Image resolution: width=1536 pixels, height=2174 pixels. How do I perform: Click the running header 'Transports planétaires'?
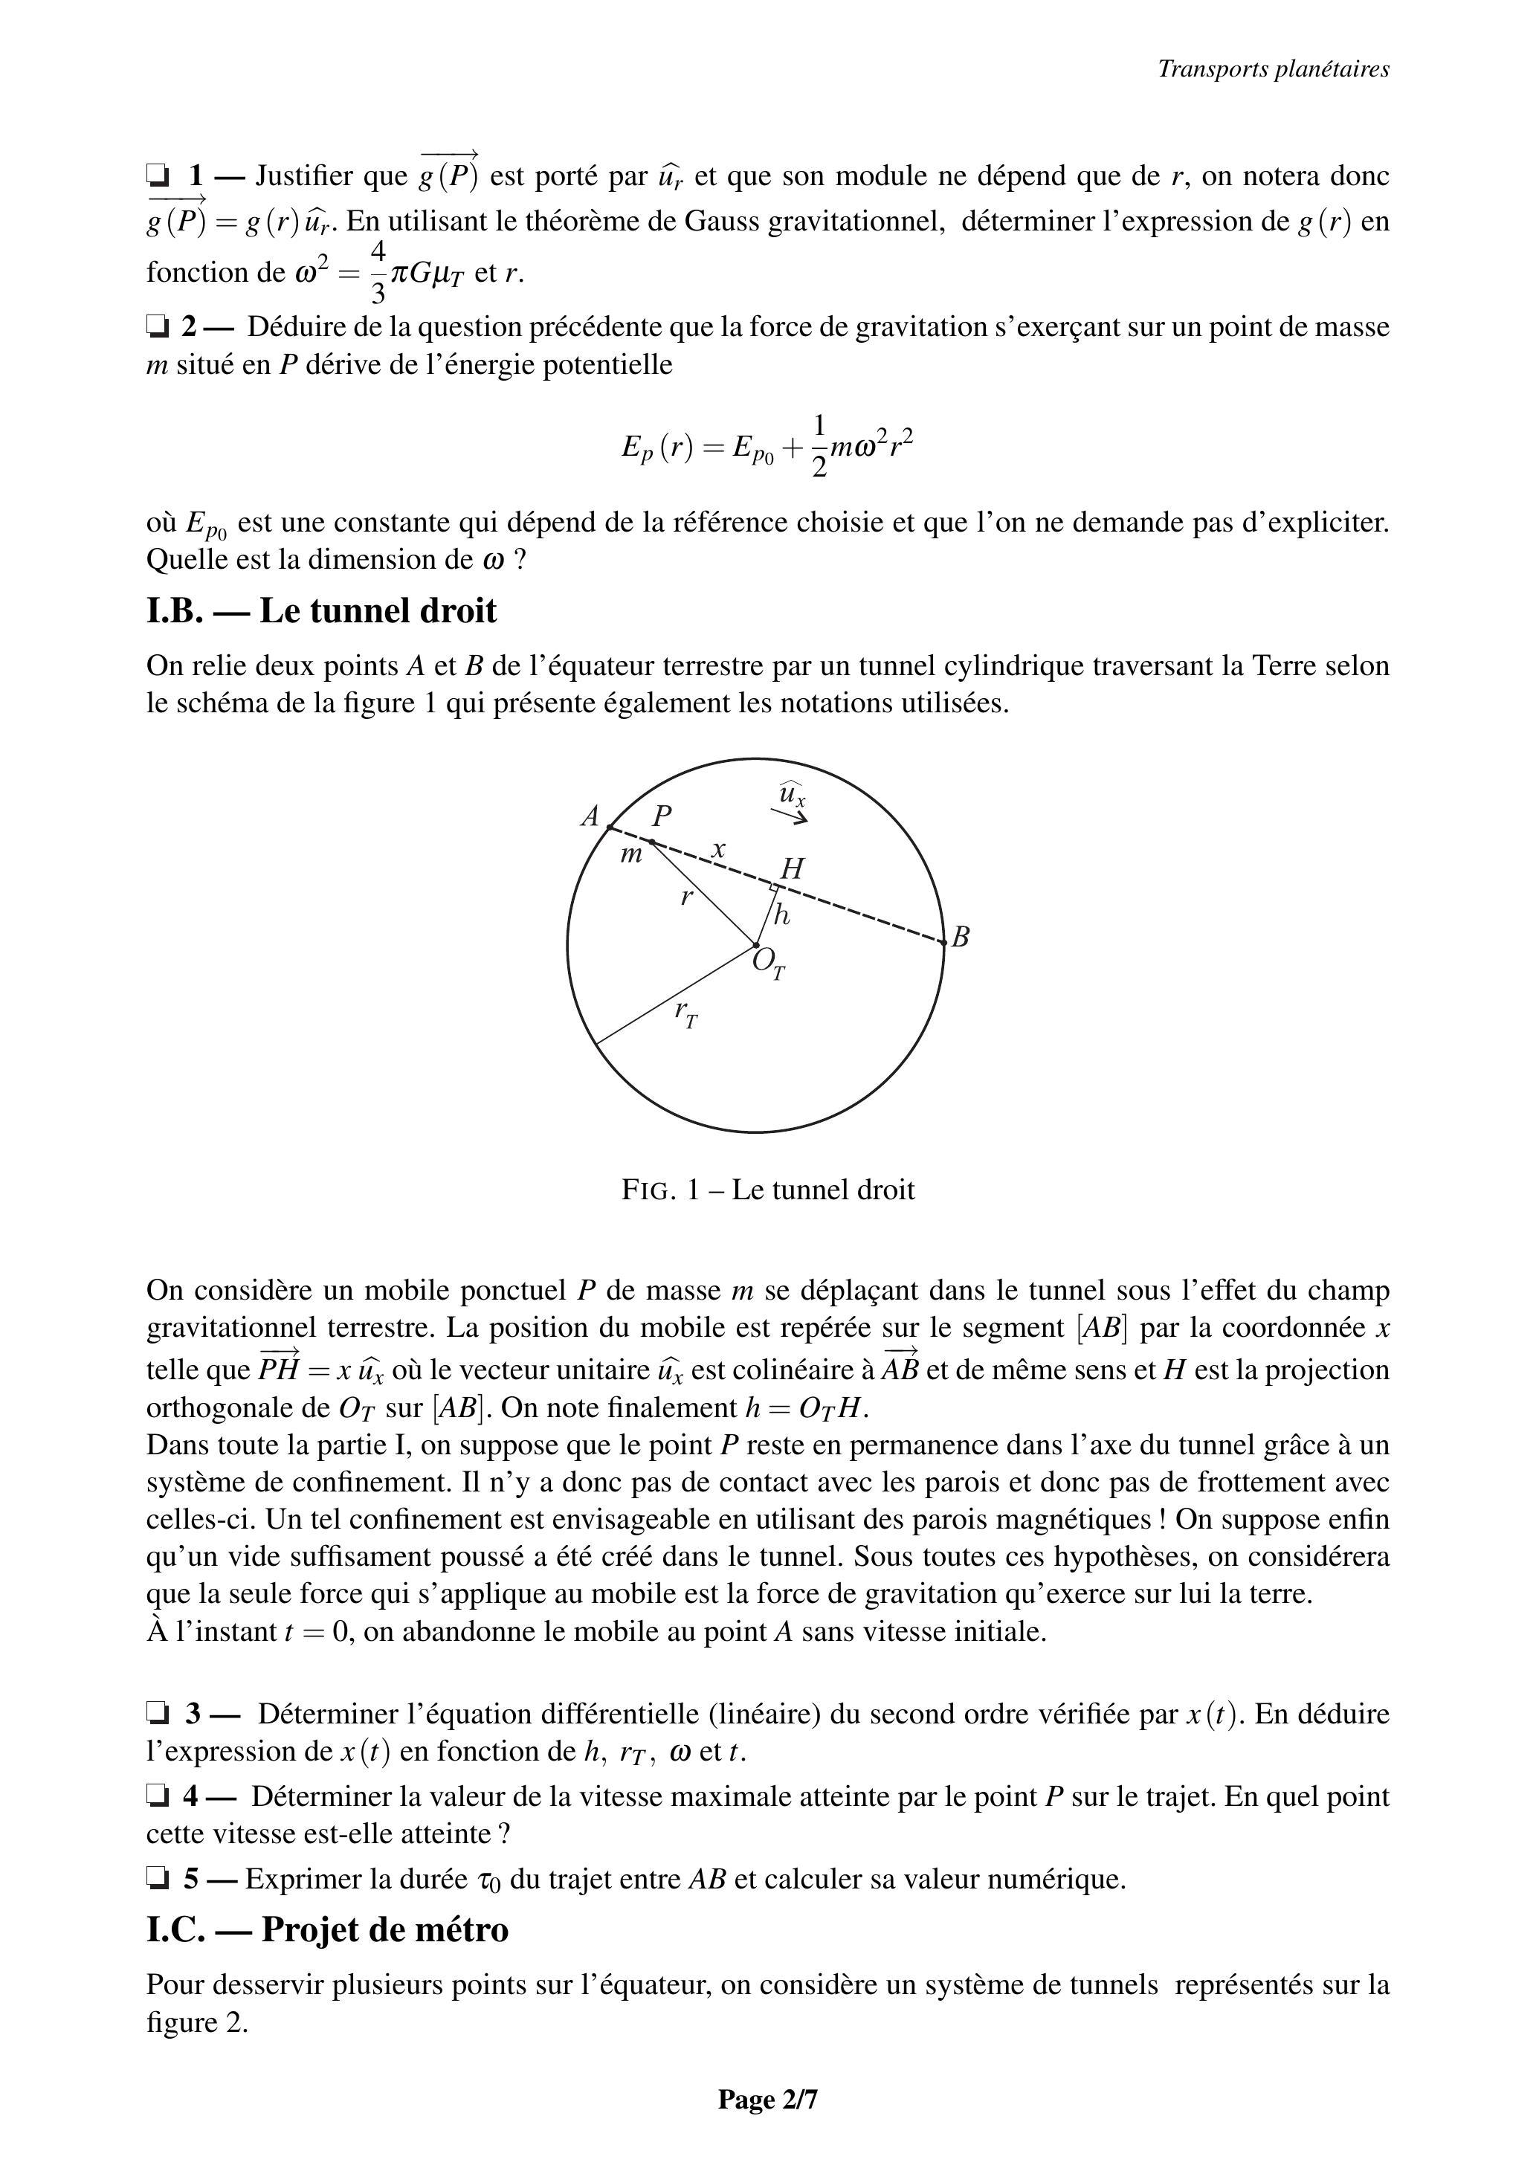pos(1273,69)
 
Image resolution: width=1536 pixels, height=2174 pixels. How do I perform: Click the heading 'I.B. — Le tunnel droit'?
pos(321,610)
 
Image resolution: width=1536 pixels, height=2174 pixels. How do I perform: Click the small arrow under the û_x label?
pos(788,815)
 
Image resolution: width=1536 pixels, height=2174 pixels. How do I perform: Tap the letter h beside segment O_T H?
pos(781,915)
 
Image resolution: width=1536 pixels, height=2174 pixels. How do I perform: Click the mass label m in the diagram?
pos(630,855)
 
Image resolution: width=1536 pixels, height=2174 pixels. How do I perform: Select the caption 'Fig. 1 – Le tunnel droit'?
pos(768,1190)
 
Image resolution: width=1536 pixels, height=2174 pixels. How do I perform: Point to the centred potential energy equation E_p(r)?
pos(768,445)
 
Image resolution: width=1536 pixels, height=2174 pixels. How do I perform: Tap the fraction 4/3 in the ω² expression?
pos(378,272)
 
